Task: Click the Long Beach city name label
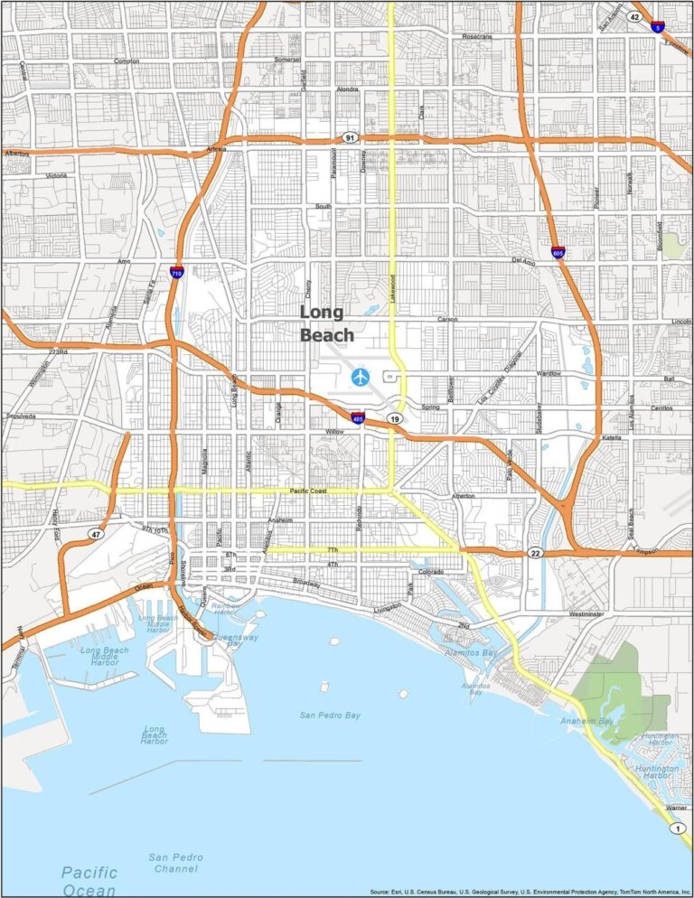pos(322,323)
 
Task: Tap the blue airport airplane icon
pos(361,376)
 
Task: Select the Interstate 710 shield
pos(176,270)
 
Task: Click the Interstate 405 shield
pos(359,416)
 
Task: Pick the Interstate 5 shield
pos(658,28)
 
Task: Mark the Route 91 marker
pos(350,138)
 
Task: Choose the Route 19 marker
pos(395,419)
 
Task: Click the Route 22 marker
pos(536,553)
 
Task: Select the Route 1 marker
pos(675,828)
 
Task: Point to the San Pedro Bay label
pos(330,715)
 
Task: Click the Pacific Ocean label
pos(89,881)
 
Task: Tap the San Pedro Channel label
pos(176,863)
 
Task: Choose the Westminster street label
pos(586,614)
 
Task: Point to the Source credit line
pos(530,890)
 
